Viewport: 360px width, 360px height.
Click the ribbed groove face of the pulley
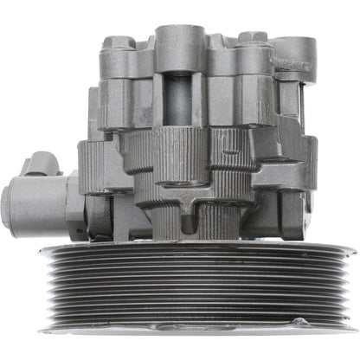pyautogui.click(x=179, y=281)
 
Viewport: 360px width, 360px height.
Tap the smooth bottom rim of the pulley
pyautogui.click(x=179, y=326)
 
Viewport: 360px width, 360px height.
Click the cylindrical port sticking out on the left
pyautogui.click(x=35, y=204)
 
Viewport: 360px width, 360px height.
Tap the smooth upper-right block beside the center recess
pyautogui.click(x=232, y=100)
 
